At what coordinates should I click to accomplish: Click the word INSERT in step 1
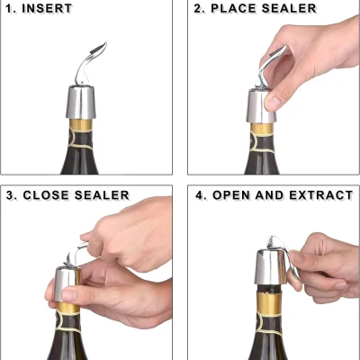click(x=47, y=8)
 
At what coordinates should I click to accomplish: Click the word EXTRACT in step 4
click(x=321, y=195)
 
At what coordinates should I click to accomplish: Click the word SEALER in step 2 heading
click(x=289, y=8)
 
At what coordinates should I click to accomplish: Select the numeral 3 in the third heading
click(x=11, y=195)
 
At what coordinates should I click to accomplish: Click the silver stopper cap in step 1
click(x=80, y=102)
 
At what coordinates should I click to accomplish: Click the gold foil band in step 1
click(x=81, y=124)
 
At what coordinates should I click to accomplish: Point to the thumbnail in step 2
click(x=274, y=103)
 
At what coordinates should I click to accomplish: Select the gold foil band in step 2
click(x=262, y=129)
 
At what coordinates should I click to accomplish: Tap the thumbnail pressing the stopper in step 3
click(x=69, y=294)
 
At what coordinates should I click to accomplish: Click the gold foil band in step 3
click(x=68, y=308)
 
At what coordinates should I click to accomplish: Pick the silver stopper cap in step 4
click(x=270, y=267)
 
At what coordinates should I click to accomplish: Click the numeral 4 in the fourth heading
click(x=201, y=195)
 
